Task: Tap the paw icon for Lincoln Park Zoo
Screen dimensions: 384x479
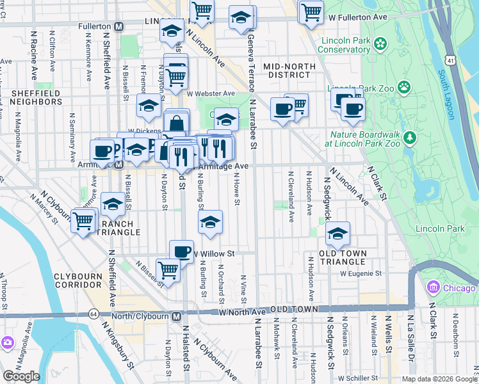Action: click(404, 86)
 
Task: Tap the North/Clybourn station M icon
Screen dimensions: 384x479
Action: click(176, 316)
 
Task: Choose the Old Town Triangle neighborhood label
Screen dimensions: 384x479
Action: click(343, 258)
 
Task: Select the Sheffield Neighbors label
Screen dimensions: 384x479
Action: click(35, 98)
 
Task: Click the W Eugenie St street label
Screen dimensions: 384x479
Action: click(361, 273)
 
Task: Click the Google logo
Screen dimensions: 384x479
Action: click(21, 376)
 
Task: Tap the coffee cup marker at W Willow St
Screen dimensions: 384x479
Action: click(181, 252)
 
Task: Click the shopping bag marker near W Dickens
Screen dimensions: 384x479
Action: click(177, 122)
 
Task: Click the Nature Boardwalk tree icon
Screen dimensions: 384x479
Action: click(412, 138)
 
